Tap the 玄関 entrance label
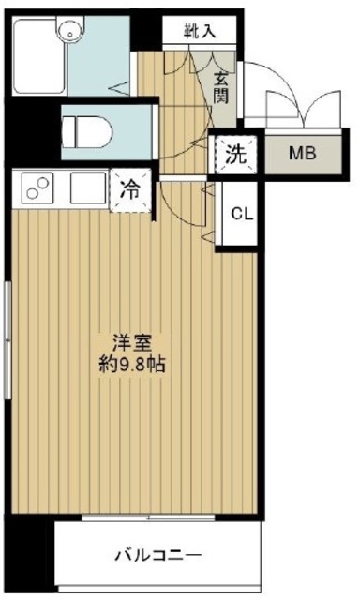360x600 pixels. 222,89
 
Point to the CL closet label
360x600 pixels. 239,213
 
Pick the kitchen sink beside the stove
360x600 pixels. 87,191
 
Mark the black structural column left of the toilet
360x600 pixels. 28,131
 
